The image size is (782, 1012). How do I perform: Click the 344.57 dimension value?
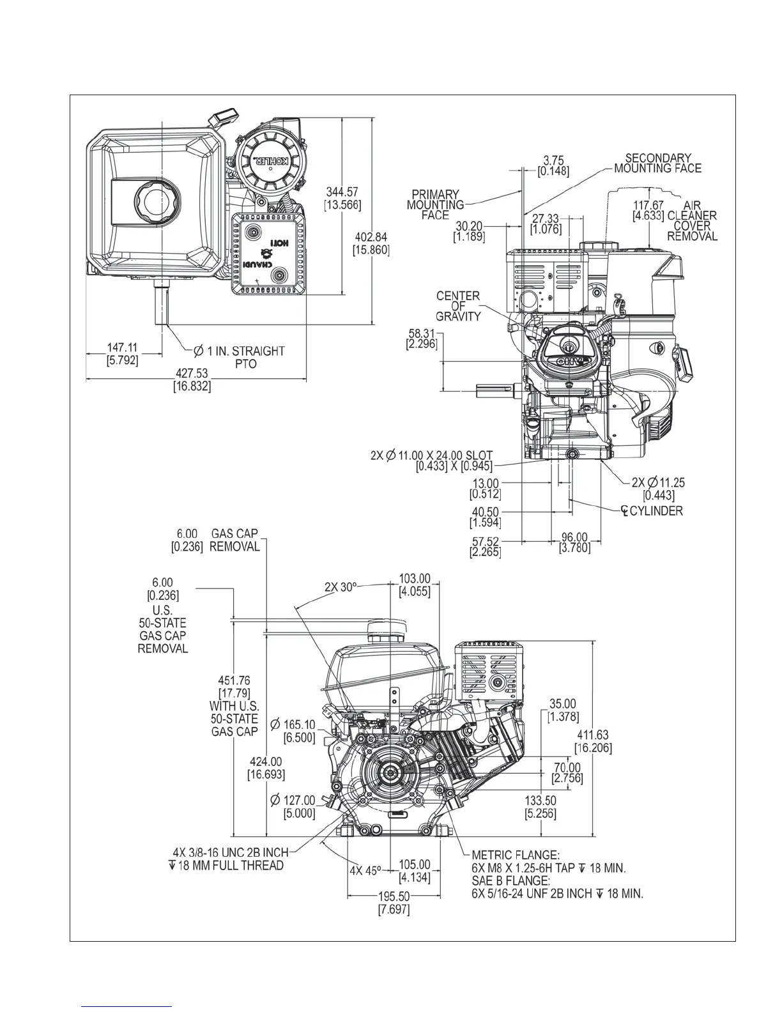click(343, 192)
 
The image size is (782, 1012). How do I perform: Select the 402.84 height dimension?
click(371, 237)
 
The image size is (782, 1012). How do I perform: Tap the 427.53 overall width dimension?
click(192, 374)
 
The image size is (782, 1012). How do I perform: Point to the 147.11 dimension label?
click(122, 348)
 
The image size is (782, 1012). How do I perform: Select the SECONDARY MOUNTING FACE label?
click(658, 163)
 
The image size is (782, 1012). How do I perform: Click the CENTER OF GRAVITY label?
click(458, 306)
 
